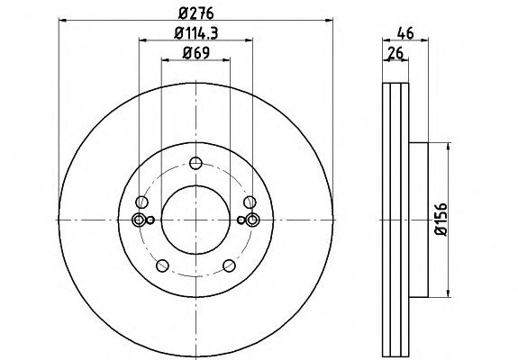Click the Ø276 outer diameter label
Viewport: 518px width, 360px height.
coord(195,13)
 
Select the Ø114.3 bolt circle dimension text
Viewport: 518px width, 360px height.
coord(195,33)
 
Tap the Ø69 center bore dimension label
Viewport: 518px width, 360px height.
coord(195,53)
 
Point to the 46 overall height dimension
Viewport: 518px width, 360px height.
coord(405,33)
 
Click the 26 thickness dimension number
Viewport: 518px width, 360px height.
coord(395,53)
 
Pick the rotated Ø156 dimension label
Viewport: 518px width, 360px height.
coord(441,220)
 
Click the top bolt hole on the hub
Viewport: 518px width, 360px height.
coord(195,163)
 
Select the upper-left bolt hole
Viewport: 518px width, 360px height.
coord(141,202)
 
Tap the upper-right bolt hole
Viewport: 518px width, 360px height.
coord(250,202)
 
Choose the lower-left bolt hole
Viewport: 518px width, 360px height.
coord(162,265)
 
